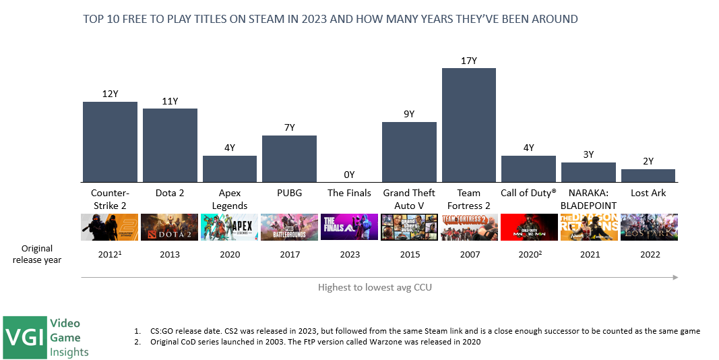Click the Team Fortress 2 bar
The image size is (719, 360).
coord(468,125)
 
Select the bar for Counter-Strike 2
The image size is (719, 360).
coord(110,142)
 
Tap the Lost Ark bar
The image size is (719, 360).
coord(648,175)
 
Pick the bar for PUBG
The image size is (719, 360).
coord(289,158)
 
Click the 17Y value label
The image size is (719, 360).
coord(469,61)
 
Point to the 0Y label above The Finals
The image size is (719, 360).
coord(349,175)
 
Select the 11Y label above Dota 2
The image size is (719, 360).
coord(170,101)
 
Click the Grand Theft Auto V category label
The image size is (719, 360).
coord(409,199)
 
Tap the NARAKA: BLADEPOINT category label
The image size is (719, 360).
coord(588,199)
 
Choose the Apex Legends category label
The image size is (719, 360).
coord(230,199)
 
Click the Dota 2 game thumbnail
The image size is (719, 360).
coord(170,227)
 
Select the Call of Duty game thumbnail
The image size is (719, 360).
coord(528,227)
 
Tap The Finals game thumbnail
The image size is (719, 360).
coord(349,227)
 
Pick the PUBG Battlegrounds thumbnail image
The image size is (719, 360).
coord(289,227)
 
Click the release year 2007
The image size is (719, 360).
coord(469,255)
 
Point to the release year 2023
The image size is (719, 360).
coord(349,255)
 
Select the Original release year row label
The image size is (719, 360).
coord(36,254)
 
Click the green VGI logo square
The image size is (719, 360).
coord(23,336)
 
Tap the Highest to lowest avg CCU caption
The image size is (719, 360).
coord(375,287)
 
